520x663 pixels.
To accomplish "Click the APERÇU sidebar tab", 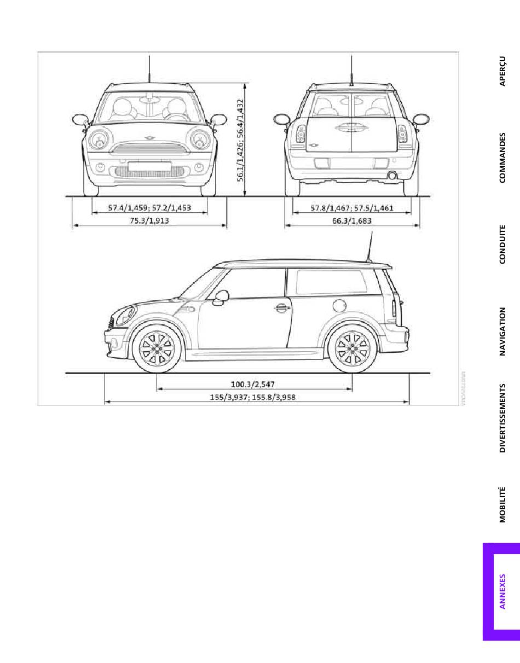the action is [502, 71].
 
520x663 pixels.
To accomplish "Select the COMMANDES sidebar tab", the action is [502, 158].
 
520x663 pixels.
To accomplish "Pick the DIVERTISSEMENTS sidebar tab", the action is [502, 418].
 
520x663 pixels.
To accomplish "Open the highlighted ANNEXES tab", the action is [502, 591].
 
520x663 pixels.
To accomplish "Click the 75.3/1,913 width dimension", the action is [149, 220].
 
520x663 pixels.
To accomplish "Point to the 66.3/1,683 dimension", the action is [352, 220].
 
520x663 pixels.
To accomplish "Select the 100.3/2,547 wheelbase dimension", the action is [253, 385].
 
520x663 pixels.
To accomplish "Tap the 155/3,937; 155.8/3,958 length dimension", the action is [253, 397].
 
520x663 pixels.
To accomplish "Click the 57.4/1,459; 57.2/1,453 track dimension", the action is [149, 208].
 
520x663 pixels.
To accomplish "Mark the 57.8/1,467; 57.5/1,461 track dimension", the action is [352, 208].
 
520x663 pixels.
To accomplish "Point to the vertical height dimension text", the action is [240, 140].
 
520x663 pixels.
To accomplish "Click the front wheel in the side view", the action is [157, 348].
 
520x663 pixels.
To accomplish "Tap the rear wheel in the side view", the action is [352, 348].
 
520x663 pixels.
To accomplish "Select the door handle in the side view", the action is [281, 308].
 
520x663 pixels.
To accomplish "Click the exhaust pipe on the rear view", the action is [392, 176].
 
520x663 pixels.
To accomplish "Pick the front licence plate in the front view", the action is [149, 166].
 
